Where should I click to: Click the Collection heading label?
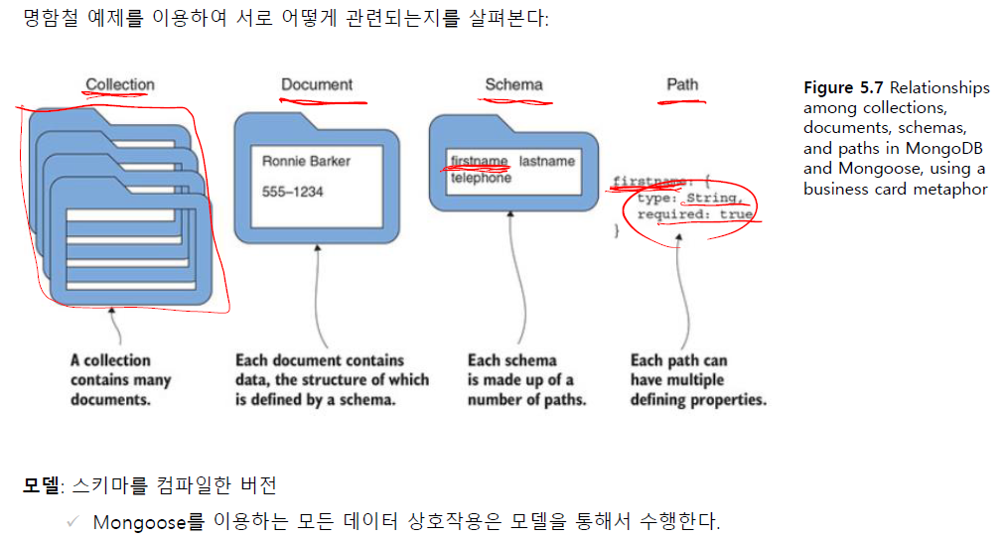click(120, 85)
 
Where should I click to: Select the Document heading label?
click(317, 85)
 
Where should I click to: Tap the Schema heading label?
click(513, 84)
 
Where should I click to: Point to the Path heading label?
click(682, 84)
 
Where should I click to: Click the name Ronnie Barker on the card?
click(306, 161)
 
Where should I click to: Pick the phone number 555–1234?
click(292, 192)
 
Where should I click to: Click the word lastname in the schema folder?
click(546, 161)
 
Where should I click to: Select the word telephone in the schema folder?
click(481, 179)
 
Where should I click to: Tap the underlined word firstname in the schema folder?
click(479, 161)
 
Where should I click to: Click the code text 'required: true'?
click(694, 214)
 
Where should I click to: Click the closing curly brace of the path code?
click(617, 230)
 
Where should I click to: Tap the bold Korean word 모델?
click(42, 485)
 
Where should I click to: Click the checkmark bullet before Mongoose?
click(72, 520)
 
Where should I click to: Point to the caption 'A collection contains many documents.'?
click(120, 379)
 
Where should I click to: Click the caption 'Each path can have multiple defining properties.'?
click(697, 379)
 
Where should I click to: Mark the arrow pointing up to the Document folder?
click(316, 298)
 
